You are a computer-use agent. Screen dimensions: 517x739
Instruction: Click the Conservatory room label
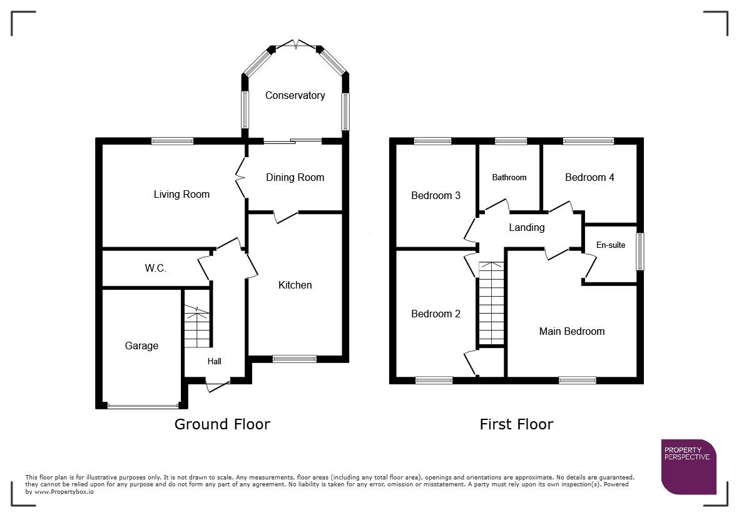295,96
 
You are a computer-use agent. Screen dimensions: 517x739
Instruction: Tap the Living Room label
181,195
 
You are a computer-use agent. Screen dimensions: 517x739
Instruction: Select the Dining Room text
295,178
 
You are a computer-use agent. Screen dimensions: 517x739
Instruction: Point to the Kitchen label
295,285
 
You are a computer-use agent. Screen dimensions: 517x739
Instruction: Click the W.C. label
155,269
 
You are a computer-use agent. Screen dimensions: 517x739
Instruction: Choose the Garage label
141,346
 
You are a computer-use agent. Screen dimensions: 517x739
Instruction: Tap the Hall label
214,361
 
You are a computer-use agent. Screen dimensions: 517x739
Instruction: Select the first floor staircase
491,304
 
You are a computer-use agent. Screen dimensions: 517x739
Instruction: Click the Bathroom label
509,178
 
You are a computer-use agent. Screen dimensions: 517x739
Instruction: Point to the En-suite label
610,245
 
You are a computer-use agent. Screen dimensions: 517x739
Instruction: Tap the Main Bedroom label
572,332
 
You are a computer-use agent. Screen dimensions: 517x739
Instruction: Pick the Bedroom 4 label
589,178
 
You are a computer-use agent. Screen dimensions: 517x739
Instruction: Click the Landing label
526,228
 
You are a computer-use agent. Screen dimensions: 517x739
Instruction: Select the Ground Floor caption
222,424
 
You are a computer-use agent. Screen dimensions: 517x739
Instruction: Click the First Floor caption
516,424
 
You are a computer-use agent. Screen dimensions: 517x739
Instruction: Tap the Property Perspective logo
688,466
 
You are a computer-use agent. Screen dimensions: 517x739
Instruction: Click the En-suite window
640,252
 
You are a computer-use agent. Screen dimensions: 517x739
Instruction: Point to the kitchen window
295,359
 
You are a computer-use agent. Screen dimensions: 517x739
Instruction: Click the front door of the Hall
218,383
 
